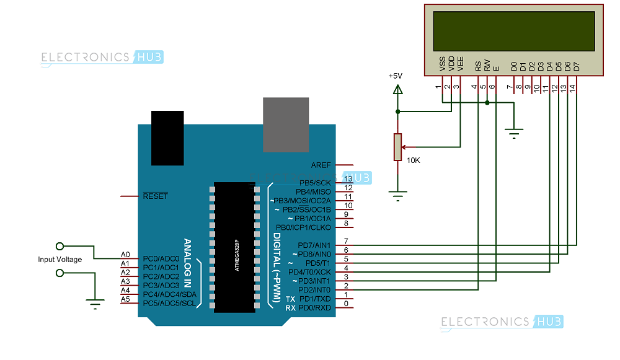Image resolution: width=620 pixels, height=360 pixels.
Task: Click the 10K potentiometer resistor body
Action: pyautogui.click(x=397, y=147)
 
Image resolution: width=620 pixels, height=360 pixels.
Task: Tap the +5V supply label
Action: pyautogui.click(x=395, y=76)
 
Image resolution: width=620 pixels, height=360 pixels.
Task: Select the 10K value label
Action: pyautogui.click(x=413, y=160)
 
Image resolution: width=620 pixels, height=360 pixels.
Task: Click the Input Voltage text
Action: pyautogui.click(x=60, y=260)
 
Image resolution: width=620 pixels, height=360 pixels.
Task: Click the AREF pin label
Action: pyautogui.click(x=321, y=165)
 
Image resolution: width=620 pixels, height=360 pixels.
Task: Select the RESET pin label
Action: pyautogui.click(x=155, y=196)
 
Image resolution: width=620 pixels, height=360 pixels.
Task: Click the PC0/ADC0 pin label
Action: pyautogui.click(x=161, y=258)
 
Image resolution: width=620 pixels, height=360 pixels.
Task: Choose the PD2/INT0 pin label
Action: pyautogui.click(x=314, y=290)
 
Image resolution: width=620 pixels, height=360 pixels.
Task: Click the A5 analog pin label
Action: pyautogui.click(x=125, y=299)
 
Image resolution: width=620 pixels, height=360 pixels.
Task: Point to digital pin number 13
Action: pyautogui.click(x=348, y=179)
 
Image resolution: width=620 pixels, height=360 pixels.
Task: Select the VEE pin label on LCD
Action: pyautogui.click(x=460, y=64)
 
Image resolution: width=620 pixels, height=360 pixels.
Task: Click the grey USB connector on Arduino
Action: pyautogui.click(x=286, y=124)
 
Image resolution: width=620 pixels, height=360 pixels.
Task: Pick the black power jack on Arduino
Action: pyautogui.click(x=167, y=138)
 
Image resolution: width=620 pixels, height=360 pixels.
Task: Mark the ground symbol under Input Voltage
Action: pyautogui.click(x=94, y=304)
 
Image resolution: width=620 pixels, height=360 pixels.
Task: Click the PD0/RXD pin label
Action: pyautogui.click(x=314, y=308)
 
